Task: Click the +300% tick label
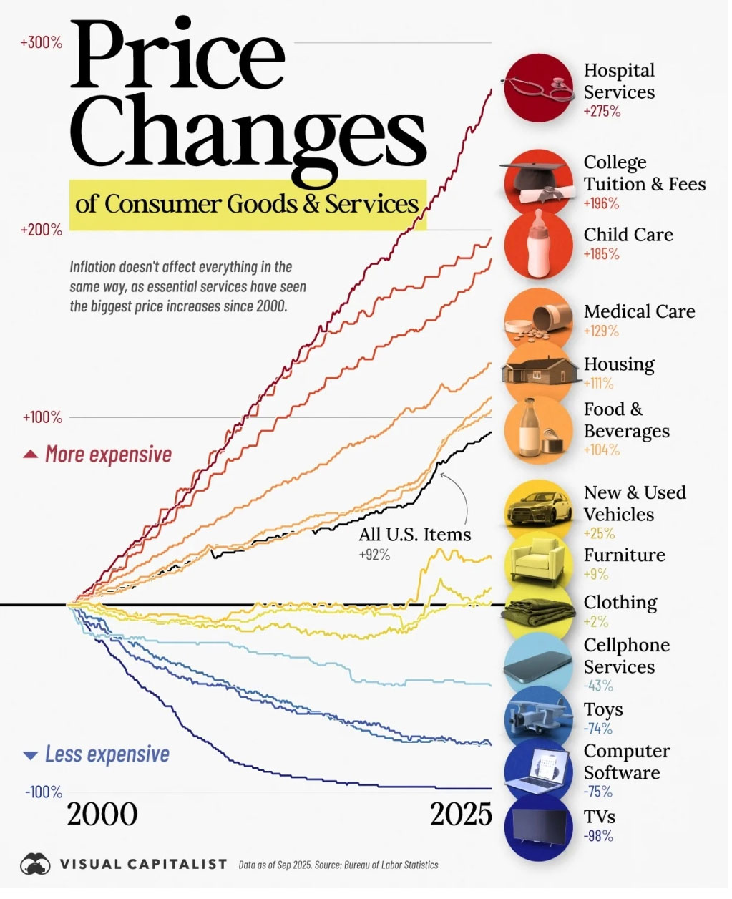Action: point(42,43)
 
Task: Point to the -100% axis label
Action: point(44,792)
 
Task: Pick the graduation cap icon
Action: point(533,176)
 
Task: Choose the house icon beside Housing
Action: point(540,371)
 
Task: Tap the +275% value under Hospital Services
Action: point(602,112)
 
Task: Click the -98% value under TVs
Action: point(598,836)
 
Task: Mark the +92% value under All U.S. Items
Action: point(374,555)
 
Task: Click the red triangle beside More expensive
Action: point(30,455)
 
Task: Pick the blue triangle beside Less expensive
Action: point(30,756)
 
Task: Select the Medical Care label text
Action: point(639,312)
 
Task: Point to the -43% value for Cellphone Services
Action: point(598,686)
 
